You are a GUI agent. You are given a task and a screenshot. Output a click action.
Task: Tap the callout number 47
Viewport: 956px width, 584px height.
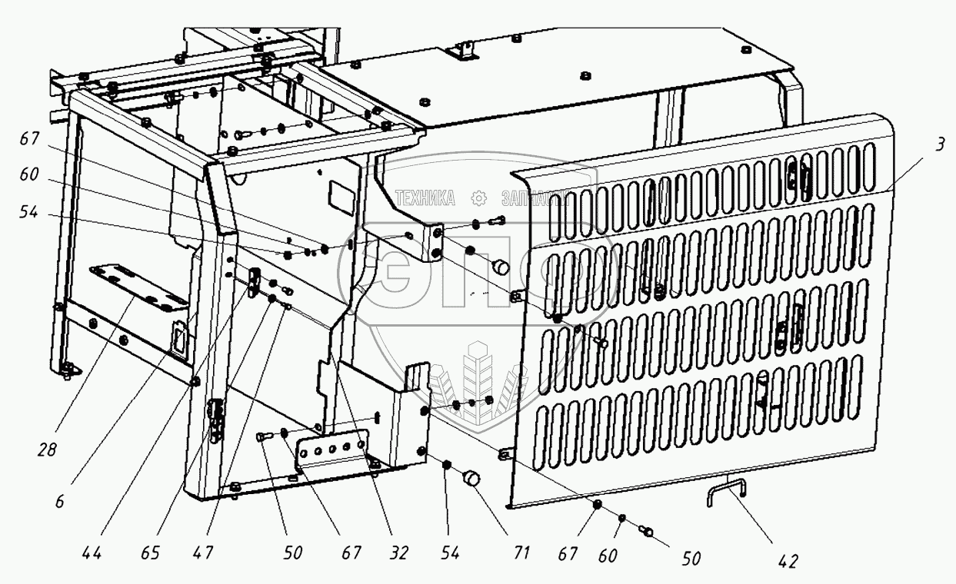[x=203, y=552]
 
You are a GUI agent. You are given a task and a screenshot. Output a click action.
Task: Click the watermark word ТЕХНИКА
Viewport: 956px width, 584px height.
[x=425, y=199]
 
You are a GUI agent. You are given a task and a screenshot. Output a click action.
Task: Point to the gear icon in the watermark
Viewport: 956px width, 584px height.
[x=479, y=199]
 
